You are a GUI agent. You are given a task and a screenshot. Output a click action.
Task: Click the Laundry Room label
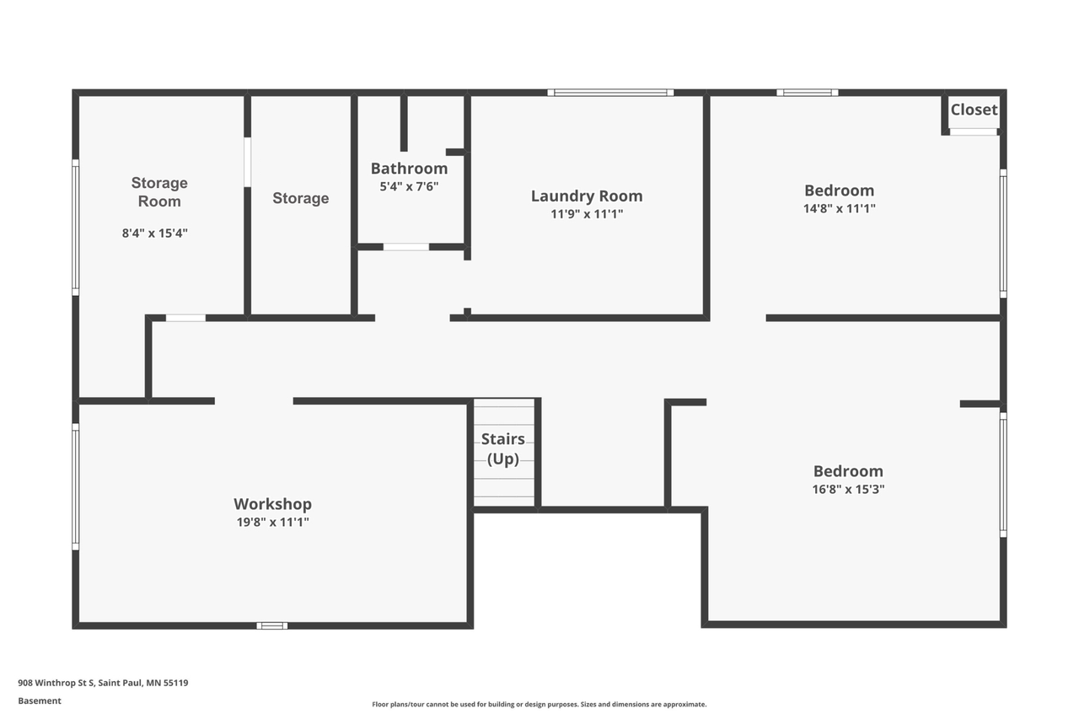(x=587, y=196)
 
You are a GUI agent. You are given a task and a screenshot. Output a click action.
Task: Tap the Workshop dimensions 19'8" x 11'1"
(x=272, y=522)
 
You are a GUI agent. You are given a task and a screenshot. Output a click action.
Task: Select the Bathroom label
(x=409, y=169)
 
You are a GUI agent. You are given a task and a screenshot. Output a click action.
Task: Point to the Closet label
(x=974, y=110)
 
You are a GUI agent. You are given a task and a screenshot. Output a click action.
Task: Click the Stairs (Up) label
(x=503, y=448)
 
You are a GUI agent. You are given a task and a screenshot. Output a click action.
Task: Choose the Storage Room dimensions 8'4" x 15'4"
(x=154, y=233)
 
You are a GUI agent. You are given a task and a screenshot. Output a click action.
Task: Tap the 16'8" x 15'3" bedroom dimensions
(x=848, y=489)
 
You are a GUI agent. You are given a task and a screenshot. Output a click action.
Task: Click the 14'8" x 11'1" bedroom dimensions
(x=839, y=208)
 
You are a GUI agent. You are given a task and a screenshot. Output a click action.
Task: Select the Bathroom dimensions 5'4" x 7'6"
(x=409, y=186)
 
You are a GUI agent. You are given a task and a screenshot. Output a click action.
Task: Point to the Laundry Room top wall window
(x=610, y=93)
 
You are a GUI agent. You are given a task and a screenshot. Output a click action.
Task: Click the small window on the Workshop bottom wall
(x=271, y=625)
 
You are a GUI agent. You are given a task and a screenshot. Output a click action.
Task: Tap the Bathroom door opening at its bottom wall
(x=406, y=247)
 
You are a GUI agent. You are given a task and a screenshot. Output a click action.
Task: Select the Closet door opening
(x=973, y=132)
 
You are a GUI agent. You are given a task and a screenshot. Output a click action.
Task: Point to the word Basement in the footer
(x=40, y=700)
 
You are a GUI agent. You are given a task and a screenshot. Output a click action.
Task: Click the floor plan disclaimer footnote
(x=539, y=704)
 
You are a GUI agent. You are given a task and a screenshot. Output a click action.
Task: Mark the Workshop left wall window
(x=76, y=486)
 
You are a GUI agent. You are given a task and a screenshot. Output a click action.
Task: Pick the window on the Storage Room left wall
(x=76, y=228)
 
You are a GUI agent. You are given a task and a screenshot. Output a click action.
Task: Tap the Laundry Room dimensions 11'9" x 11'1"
(x=587, y=214)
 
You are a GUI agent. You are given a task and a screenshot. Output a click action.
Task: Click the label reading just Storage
(x=301, y=198)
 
